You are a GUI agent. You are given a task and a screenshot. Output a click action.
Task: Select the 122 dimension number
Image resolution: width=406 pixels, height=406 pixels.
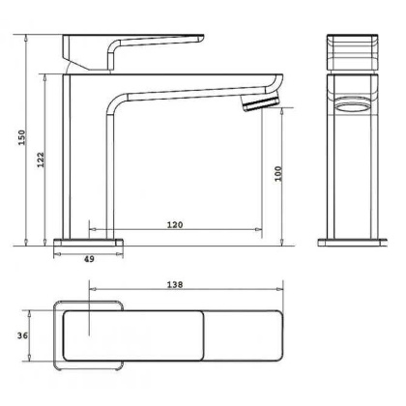coord(40,160)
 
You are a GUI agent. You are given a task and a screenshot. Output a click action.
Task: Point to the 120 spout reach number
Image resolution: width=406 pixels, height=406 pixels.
coord(175,224)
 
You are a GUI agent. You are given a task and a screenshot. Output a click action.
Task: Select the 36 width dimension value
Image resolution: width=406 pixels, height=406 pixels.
coord(23,335)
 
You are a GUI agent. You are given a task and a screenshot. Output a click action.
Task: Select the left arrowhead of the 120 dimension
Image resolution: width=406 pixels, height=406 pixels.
coord(93,231)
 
